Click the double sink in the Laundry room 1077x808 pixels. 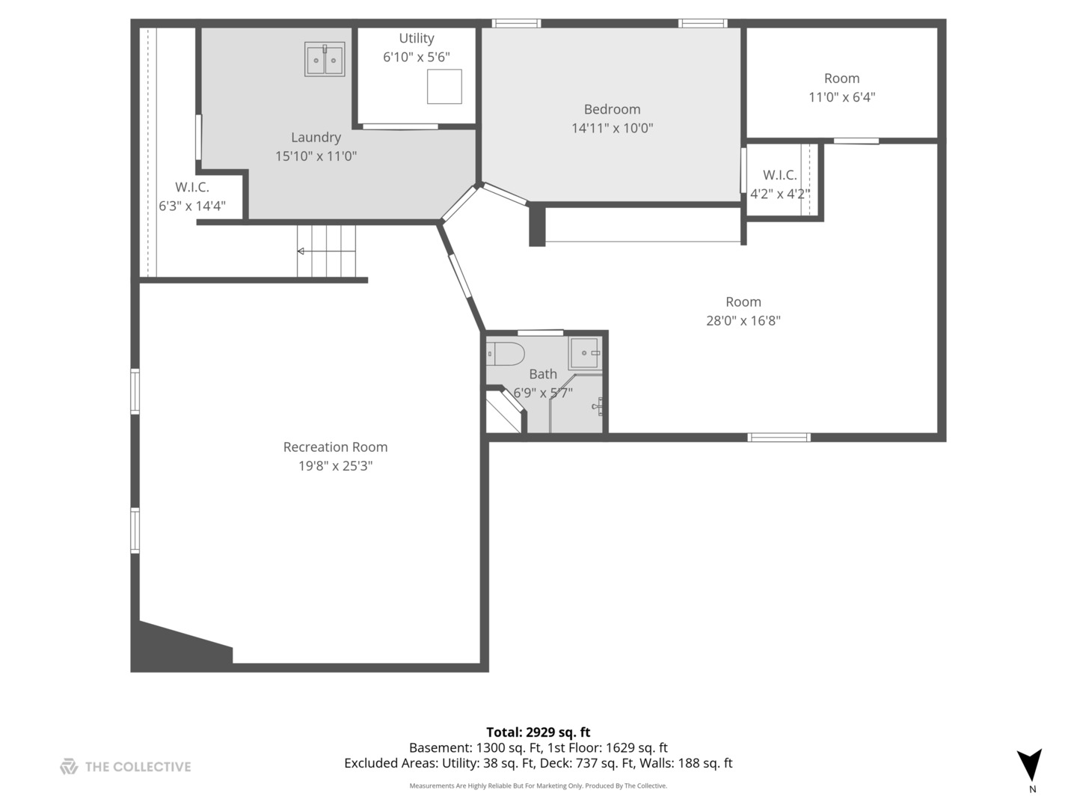click(325, 59)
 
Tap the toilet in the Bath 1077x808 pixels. click(506, 354)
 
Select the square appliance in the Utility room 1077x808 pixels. click(444, 86)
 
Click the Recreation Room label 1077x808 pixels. click(335, 447)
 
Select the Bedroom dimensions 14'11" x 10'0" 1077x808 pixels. click(612, 128)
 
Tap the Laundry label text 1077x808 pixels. click(316, 138)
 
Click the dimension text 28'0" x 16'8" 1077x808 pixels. click(743, 320)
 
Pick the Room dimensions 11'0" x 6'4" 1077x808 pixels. click(841, 97)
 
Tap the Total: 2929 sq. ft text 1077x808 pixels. click(538, 732)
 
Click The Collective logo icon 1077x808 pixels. click(69, 766)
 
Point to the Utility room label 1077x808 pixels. click(416, 38)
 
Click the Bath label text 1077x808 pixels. click(543, 374)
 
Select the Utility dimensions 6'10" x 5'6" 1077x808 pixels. click(416, 58)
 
